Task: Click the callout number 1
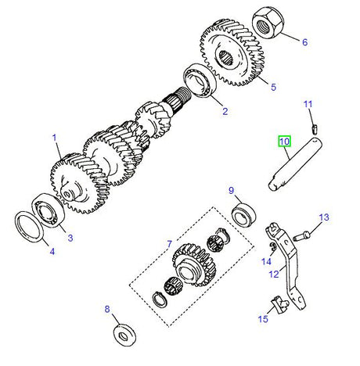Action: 56,137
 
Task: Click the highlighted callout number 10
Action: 283,142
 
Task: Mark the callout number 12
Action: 273,274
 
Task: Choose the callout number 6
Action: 304,42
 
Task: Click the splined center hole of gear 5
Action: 229,55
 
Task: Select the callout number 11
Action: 308,104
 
